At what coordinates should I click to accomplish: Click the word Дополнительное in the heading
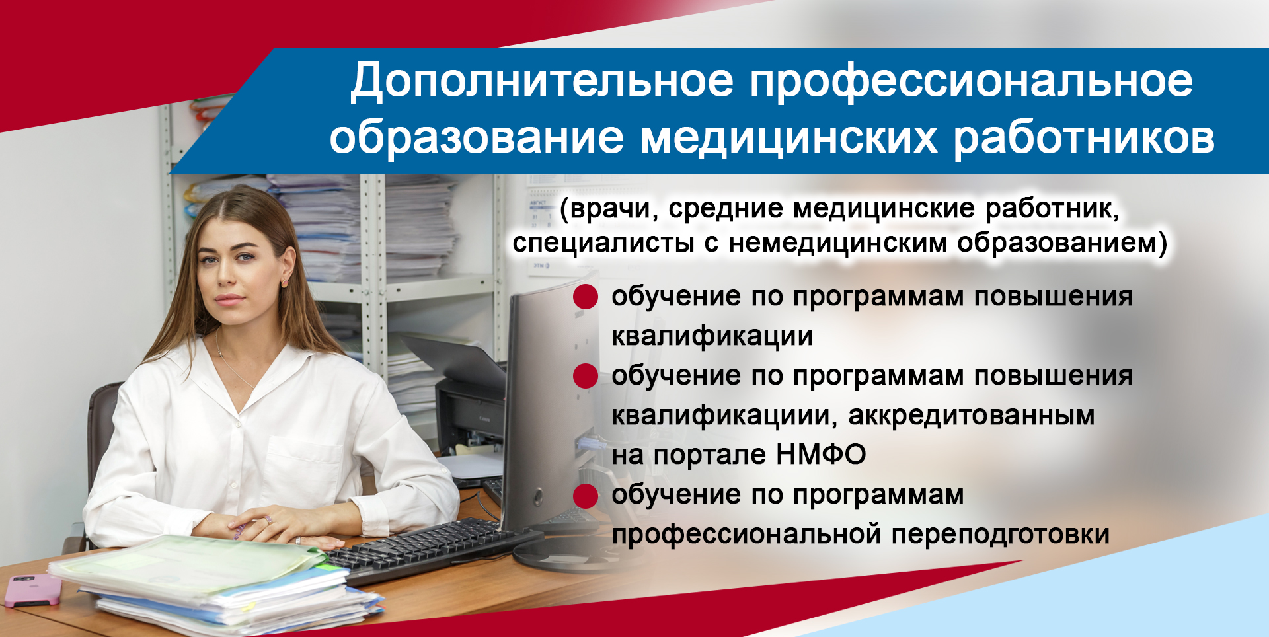(542, 82)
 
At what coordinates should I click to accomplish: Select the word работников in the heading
(1084, 137)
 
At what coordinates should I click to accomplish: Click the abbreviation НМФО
(821, 455)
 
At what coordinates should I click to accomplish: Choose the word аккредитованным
(972, 416)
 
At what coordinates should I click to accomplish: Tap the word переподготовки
(1001, 534)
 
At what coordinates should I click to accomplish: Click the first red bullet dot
(586, 297)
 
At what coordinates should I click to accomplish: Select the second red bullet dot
(586, 376)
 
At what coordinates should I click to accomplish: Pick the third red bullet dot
(586, 496)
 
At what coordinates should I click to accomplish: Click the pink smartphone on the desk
(32, 590)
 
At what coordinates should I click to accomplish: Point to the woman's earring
(286, 282)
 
